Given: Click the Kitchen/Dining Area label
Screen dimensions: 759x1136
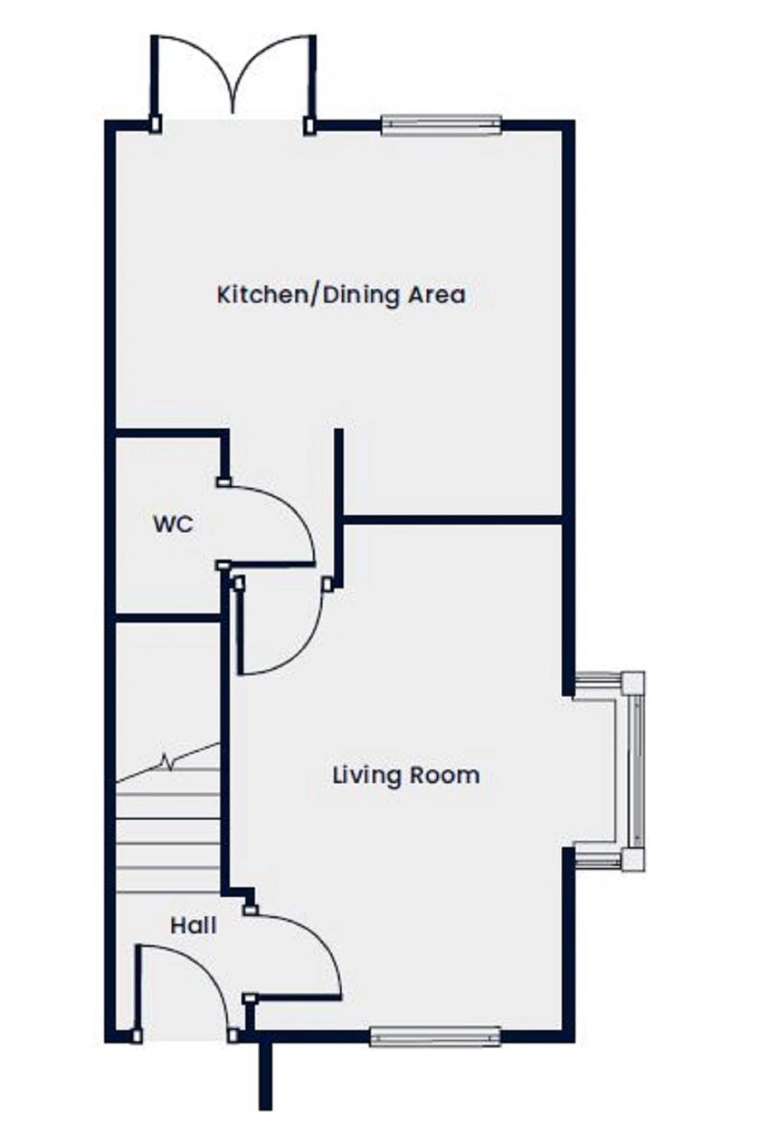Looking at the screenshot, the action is point(341,295).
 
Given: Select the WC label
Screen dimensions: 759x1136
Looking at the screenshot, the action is point(174,524).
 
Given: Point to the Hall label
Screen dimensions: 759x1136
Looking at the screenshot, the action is point(193,926).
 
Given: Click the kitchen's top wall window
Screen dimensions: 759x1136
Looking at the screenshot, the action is point(441,125).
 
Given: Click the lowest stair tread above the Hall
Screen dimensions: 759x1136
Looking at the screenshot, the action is point(169,892).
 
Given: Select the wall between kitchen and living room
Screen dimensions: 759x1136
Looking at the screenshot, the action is point(453,520).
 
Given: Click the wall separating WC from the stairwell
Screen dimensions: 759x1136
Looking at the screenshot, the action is point(168,618).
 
